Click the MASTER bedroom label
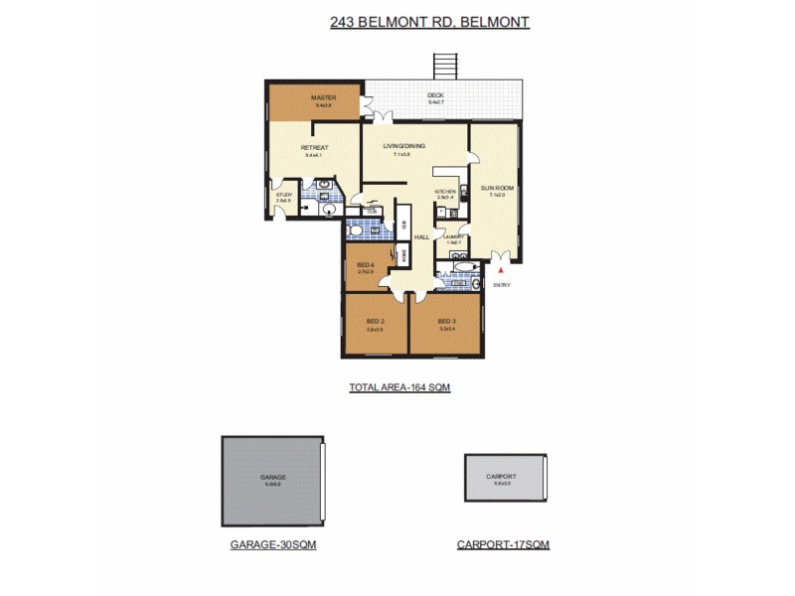(x=324, y=97)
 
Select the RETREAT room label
(x=314, y=148)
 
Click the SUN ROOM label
(x=496, y=188)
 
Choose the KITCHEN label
(x=445, y=191)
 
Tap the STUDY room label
(x=284, y=195)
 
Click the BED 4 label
(x=365, y=264)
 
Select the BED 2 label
(x=375, y=322)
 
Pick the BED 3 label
(x=446, y=322)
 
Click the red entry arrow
(x=502, y=269)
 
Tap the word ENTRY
(x=502, y=285)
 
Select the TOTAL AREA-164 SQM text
(x=392, y=387)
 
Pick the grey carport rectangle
(x=505, y=478)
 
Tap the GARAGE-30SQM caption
(x=273, y=544)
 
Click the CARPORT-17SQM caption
(x=503, y=544)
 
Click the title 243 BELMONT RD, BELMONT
(x=429, y=21)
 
